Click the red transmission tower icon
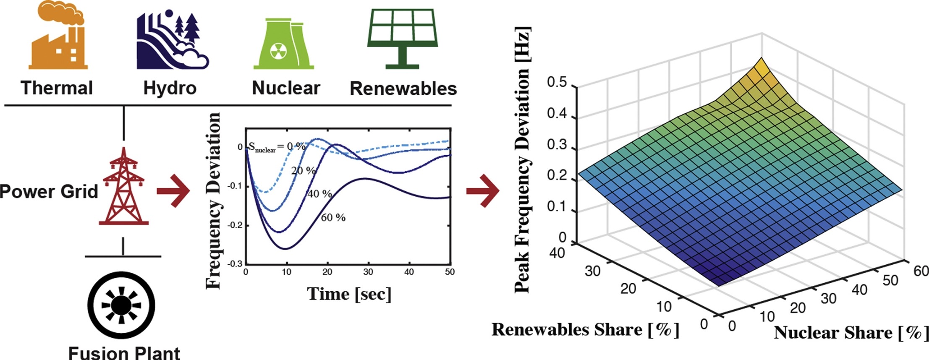tap(123, 187)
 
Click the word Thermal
tap(57, 88)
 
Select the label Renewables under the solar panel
tap(403, 89)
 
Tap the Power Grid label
tap(49, 191)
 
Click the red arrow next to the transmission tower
tap(173, 191)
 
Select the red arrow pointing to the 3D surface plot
tap(483, 191)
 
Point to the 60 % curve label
tap(333, 217)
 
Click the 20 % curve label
tap(303, 170)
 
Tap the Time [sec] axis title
tap(349, 294)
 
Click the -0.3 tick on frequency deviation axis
tap(235, 264)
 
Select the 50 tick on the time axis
tap(450, 272)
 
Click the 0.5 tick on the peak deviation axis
tap(557, 82)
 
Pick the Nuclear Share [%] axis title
tap(850, 333)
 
